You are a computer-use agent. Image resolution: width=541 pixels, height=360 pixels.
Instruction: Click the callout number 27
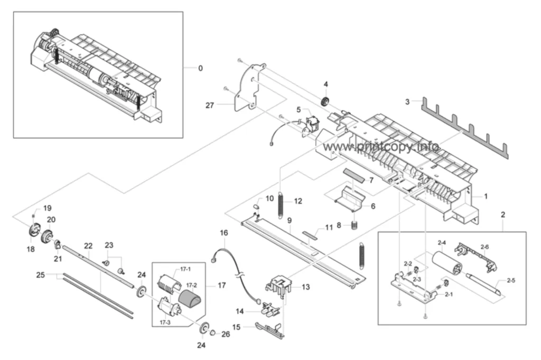point(210,105)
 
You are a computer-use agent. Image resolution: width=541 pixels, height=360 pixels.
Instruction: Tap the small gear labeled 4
point(325,102)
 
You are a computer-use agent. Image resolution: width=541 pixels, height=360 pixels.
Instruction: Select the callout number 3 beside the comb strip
point(407,102)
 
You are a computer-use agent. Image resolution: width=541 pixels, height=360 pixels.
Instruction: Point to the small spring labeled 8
point(354,225)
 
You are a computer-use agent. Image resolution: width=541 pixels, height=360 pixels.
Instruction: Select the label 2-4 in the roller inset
point(442,243)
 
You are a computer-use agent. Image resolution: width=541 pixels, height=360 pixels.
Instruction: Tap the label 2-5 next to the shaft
point(511,280)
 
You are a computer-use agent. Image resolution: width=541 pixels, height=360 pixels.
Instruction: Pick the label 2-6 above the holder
point(484,247)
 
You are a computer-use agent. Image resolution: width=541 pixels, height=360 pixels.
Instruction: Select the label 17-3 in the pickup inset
point(165,323)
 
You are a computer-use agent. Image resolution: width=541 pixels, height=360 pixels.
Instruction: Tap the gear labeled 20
point(47,237)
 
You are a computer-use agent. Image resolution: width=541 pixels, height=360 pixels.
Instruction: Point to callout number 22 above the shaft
point(88,246)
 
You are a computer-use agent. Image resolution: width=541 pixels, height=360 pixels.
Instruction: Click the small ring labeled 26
point(213,332)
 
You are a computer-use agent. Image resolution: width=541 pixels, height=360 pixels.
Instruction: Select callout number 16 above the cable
point(224,233)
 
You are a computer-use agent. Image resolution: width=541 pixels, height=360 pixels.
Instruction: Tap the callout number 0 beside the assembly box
point(200,68)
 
